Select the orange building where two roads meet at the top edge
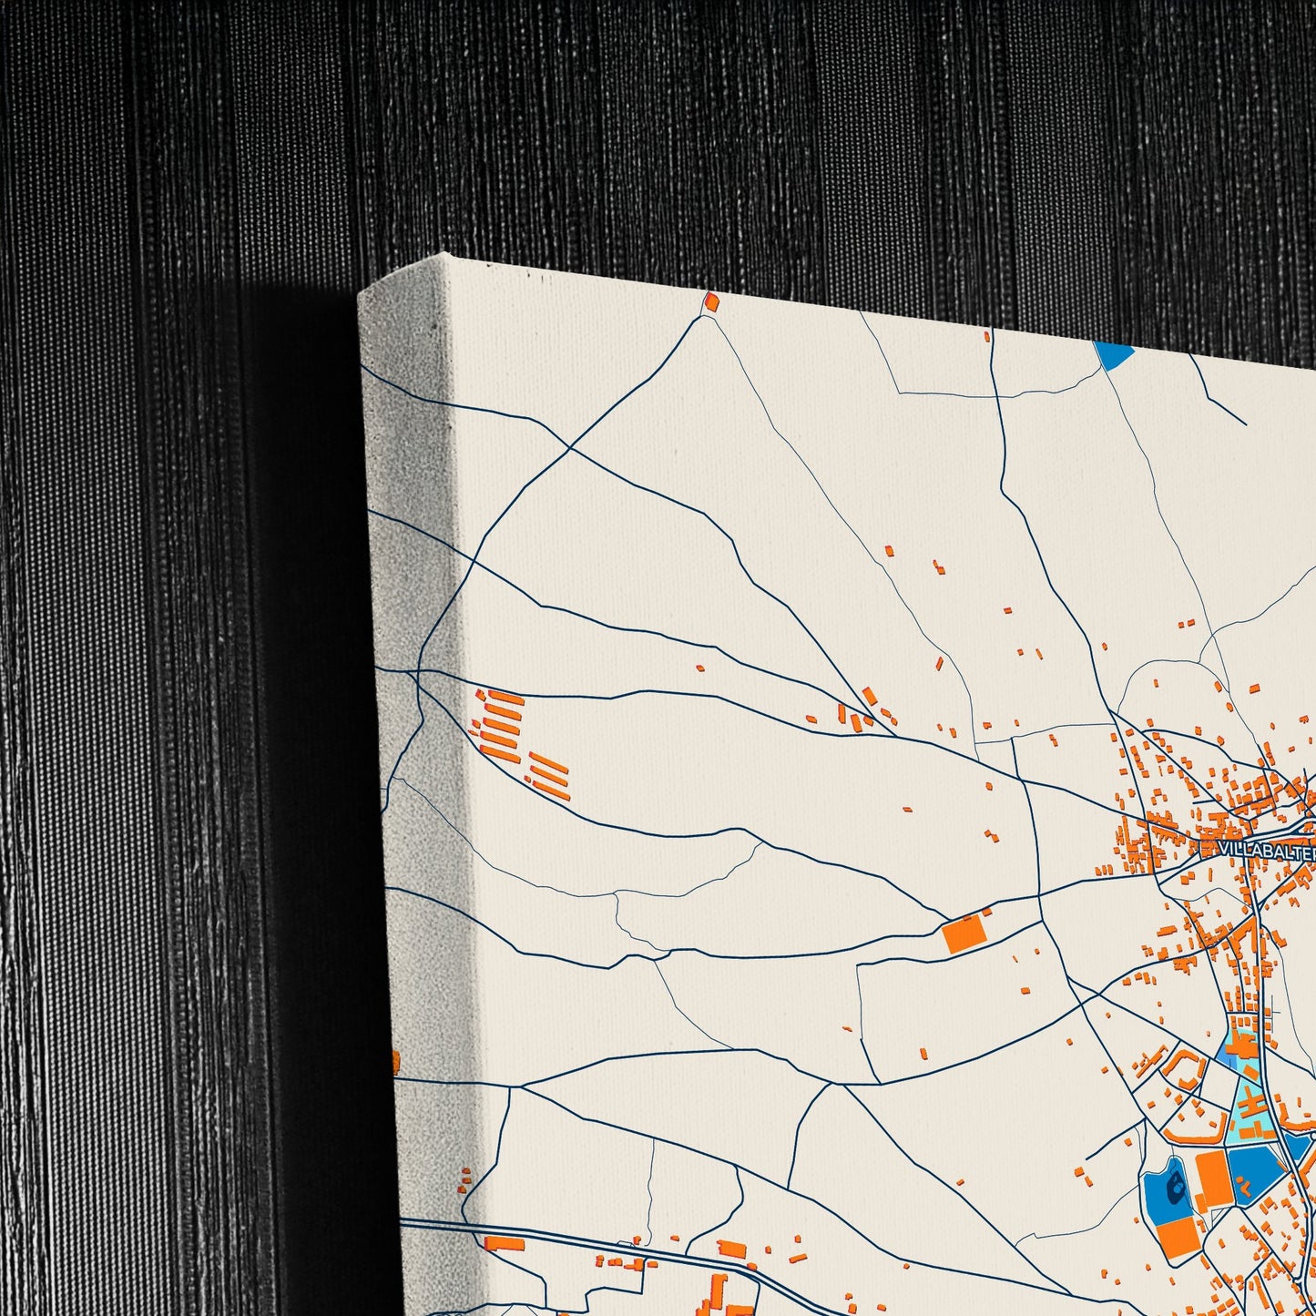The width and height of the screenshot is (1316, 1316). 711,301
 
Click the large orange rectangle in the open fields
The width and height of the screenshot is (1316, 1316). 966,934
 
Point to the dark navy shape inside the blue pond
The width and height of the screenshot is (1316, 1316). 1177,1184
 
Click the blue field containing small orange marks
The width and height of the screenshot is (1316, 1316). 1255,1175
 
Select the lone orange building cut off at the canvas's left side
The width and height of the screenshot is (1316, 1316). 396,1061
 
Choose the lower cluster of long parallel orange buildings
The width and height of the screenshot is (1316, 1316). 549,776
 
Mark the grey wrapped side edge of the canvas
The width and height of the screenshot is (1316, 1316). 410,729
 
